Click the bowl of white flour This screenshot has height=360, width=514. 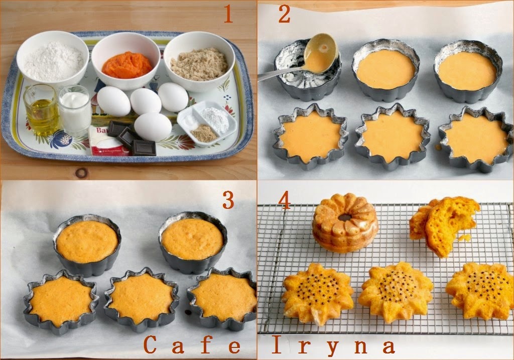(x=53, y=59)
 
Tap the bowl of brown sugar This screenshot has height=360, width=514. (x=199, y=61)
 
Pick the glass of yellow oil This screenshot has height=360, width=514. (x=41, y=110)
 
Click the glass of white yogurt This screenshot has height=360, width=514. (x=75, y=110)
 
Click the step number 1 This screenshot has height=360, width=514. (x=228, y=15)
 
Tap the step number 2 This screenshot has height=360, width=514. (x=284, y=15)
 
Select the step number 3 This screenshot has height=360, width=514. (x=228, y=200)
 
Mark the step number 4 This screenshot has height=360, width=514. (x=284, y=200)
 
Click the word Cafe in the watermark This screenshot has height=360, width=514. (x=192, y=345)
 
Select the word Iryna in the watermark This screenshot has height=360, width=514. (x=333, y=345)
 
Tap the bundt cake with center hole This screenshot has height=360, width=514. (x=345, y=223)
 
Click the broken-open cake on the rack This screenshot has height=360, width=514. (x=444, y=224)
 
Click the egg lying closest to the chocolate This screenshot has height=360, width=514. (x=153, y=127)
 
